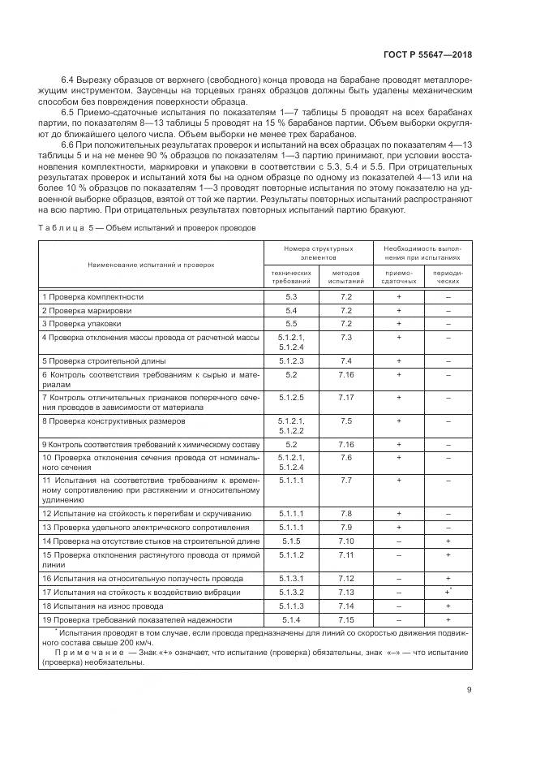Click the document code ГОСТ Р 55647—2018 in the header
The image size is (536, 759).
[x=427, y=55]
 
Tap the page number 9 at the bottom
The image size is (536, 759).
[x=470, y=691]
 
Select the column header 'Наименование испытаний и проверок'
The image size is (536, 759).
[x=151, y=264]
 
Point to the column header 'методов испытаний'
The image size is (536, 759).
[x=346, y=277]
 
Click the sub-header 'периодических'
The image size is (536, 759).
[x=448, y=277]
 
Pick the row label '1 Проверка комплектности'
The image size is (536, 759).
[x=92, y=297]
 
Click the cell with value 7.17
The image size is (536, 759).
[x=346, y=398]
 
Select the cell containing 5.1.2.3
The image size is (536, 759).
[x=291, y=360]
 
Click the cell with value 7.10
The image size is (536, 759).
[x=346, y=541]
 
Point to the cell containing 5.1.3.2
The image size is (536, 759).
[x=291, y=593]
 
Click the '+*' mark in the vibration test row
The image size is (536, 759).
[x=448, y=593]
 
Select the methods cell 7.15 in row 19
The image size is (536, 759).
[x=346, y=619]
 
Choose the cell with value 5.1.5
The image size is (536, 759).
[x=291, y=541]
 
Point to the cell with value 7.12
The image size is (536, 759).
[x=346, y=579]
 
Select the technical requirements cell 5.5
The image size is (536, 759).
[x=291, y=323]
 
